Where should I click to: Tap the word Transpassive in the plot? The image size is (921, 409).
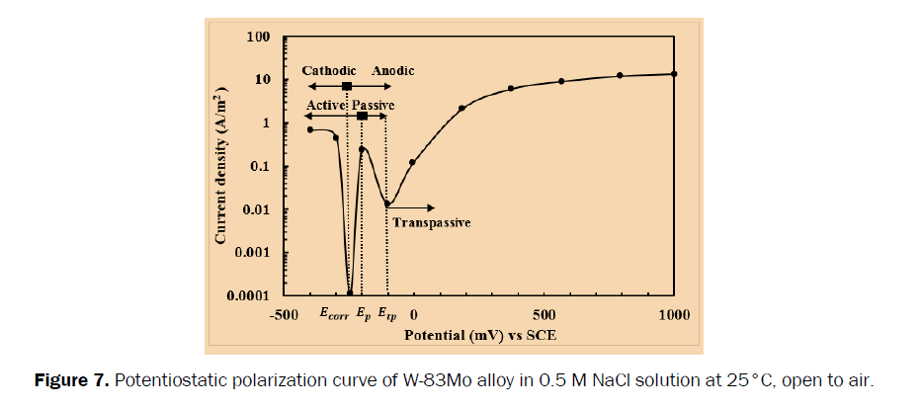(430, 222)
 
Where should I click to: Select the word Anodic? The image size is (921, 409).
(392, 71)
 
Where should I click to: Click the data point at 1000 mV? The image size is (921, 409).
(674, 74)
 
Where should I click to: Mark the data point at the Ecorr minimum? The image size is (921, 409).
(350, 293)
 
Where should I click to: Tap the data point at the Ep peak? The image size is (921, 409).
(362, 149)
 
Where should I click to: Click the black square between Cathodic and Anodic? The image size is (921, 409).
(346, 87)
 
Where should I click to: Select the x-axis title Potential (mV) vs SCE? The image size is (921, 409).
(479, 335)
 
